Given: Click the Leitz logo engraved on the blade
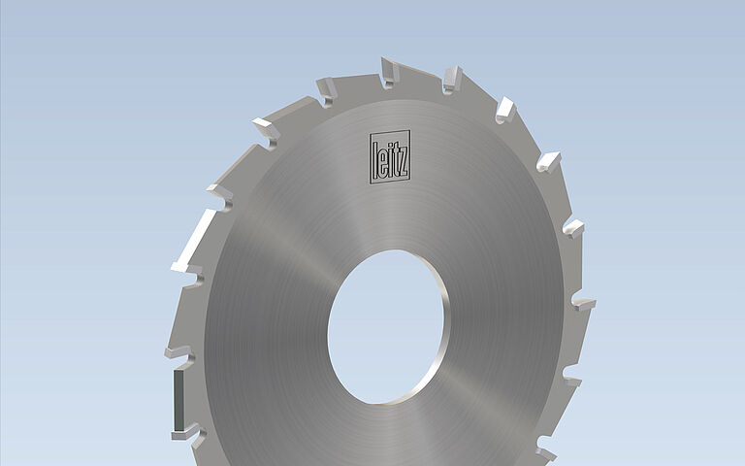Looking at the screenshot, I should tap(390, 156).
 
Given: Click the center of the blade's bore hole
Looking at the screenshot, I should tap(387, 327).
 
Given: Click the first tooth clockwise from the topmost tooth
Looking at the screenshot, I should tap(452, 79).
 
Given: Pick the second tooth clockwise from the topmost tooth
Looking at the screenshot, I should tap(505, 108).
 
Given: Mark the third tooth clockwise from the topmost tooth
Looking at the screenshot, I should tap(549, 160).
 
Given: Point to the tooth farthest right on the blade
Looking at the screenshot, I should tap(582, 303).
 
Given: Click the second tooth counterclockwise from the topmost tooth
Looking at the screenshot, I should tap(266, 129).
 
